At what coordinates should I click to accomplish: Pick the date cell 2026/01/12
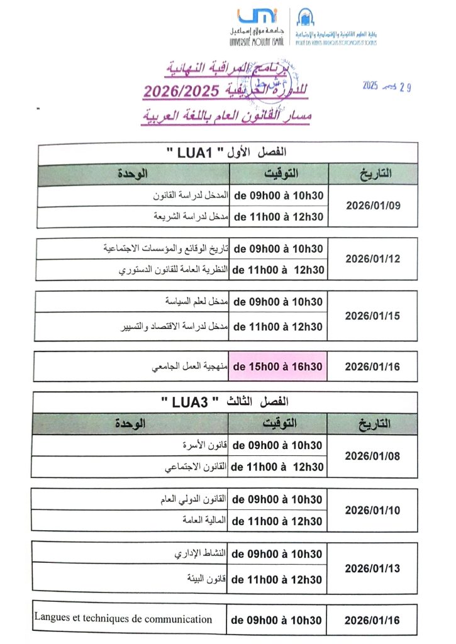coord(372,258)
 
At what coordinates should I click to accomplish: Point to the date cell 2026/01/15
coord(372,316)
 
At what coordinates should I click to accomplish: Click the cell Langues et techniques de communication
coord(123,619)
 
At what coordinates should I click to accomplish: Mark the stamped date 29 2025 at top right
coord(386,87)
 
